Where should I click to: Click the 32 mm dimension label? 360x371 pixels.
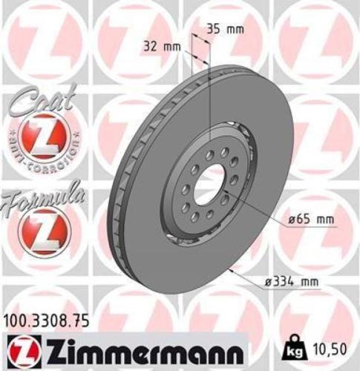click(x=161, y=46)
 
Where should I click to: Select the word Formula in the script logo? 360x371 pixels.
click(x=39, y=198)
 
